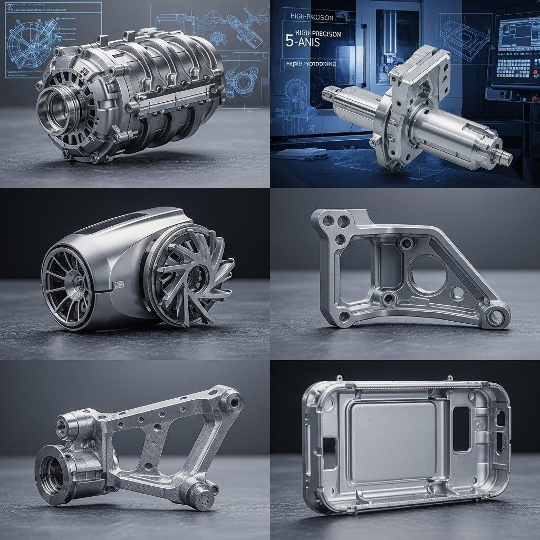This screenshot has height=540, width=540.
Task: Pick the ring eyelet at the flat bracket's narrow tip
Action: (x=495, y=317)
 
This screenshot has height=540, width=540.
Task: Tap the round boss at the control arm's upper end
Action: (x=230, y=402)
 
